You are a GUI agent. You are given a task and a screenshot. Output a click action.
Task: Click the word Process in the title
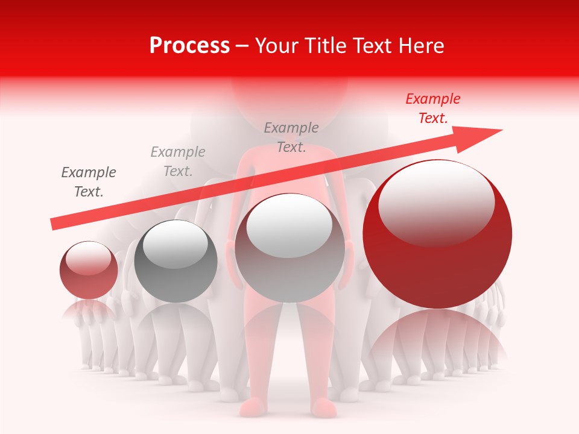tap(189, 46)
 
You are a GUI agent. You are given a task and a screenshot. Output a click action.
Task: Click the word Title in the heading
tap(327, 46)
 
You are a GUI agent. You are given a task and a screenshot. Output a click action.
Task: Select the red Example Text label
tap(433, 108)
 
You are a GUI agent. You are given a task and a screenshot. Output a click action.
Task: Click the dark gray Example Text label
tap(89, 182)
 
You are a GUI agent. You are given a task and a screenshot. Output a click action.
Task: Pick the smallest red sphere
tap(89, 270)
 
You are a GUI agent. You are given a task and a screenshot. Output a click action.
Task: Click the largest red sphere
tap(437, 234)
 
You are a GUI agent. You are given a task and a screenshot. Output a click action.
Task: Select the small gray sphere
tap(176, 261)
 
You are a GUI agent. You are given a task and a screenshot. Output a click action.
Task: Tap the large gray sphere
tap(289, 248)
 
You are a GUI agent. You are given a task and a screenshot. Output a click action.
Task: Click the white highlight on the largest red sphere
tap(436, 204)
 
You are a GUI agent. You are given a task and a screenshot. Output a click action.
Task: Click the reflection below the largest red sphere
tap(437, 338)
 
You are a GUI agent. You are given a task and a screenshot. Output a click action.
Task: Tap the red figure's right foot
tap(326, 408)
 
